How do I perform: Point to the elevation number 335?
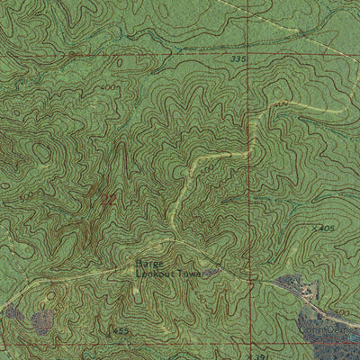point(237,58)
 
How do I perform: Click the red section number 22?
point(107,197)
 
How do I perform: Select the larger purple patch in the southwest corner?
point(42,322)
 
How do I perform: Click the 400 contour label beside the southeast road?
point(342,312)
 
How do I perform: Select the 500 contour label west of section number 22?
point(27,195)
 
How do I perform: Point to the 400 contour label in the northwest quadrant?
point(109,87)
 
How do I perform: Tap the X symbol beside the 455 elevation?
point(112,329)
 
